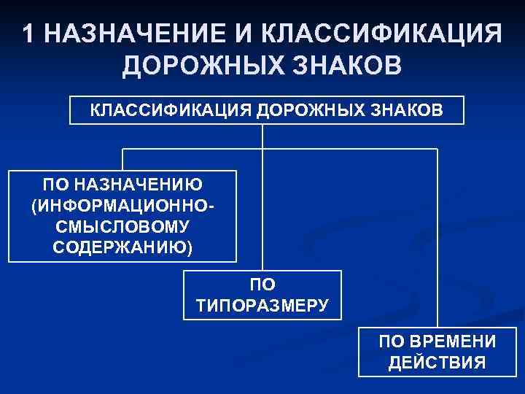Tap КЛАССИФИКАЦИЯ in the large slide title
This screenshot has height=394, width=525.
pyautogui.click(x=381, y=34)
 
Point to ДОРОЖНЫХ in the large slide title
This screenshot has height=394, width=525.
pyautogui.click(x=195, y=67)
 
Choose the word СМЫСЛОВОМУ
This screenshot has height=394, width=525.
pyautogui.click(x=122, y=227)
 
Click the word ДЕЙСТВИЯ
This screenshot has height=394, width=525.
pyautogui.click(x=437, y=363)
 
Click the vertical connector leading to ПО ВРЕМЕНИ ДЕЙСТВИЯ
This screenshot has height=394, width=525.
pyautogui.click(x=437, y=241)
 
